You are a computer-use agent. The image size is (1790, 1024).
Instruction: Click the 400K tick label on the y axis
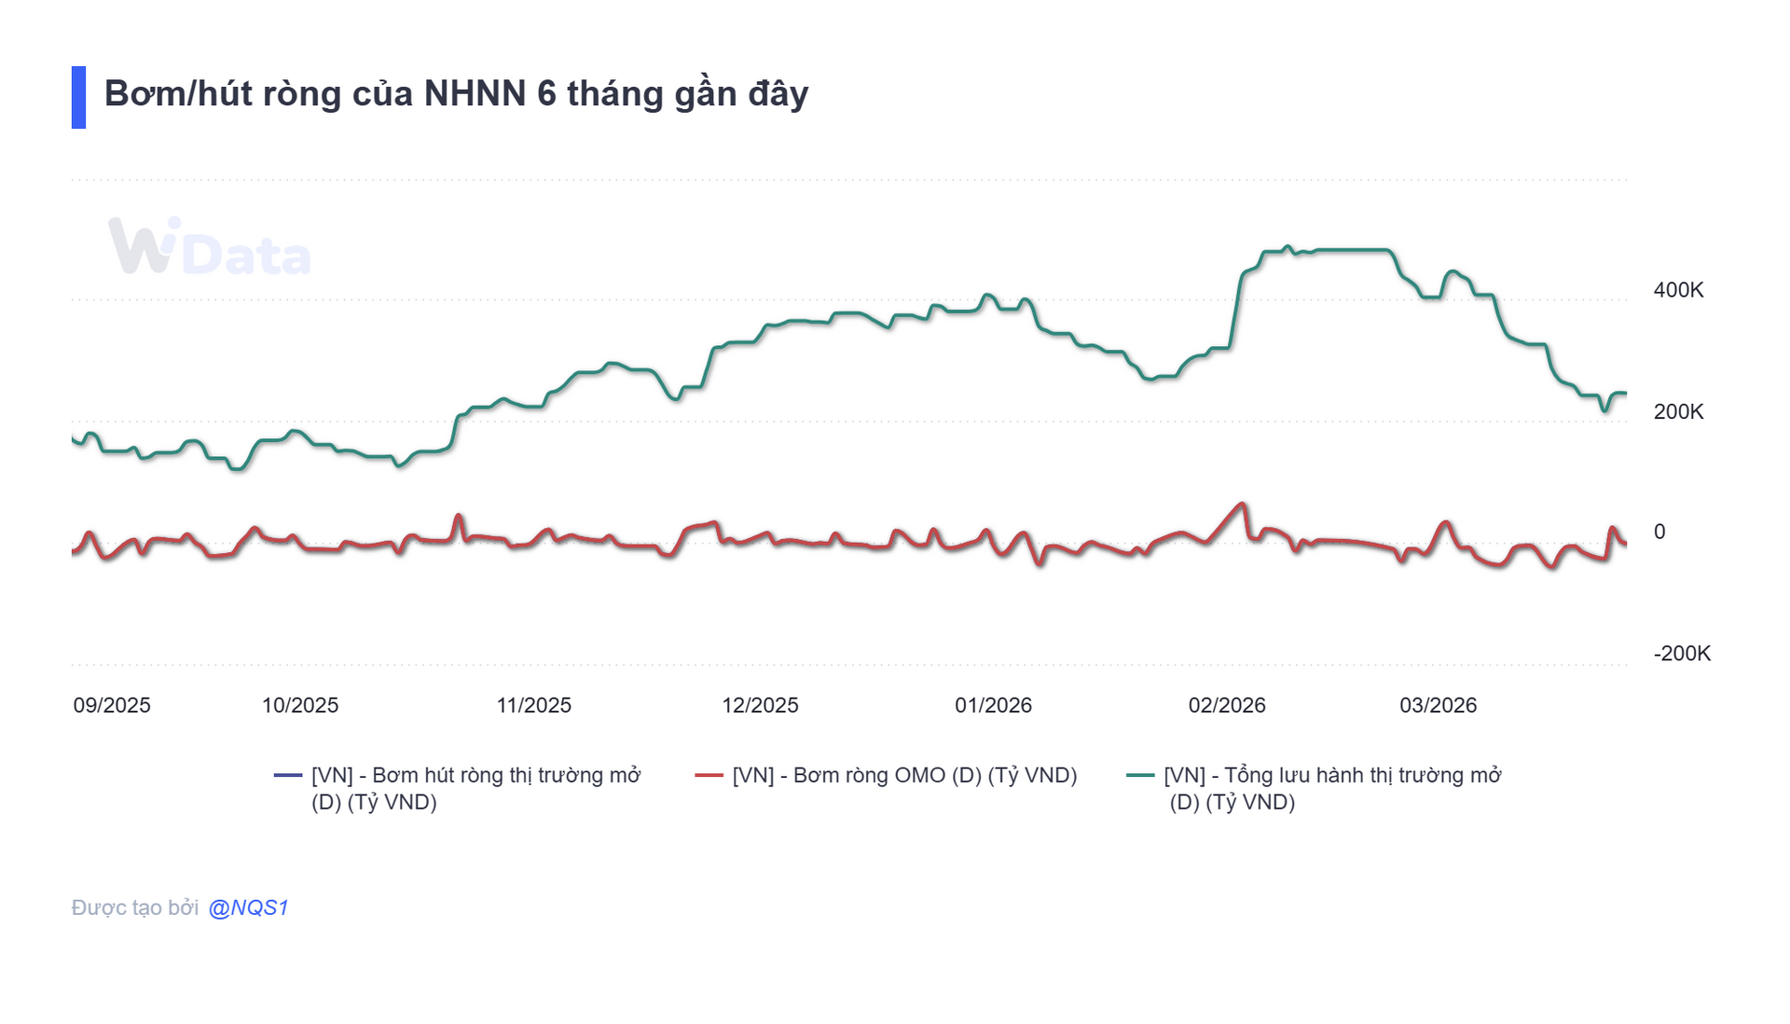[1678, 290]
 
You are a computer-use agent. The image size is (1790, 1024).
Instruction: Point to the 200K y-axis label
[1678, 411]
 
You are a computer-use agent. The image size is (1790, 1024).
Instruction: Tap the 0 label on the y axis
[1659, 532]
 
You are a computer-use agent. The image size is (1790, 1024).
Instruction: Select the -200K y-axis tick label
[1682, 653]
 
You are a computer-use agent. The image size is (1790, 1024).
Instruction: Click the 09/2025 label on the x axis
[112, 705]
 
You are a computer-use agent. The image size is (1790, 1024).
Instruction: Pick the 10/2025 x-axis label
[299, 705]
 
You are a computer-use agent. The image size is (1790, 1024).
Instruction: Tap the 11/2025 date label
[533, 705]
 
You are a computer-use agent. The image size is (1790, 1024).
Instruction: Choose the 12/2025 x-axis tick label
[760, 705]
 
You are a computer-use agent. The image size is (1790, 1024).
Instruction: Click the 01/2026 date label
[993, 705]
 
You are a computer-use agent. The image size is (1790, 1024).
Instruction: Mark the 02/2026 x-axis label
[1226, 705]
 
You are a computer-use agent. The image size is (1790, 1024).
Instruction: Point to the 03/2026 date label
[1438, 705]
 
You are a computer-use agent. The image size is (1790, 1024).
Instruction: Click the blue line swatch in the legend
[288, 775]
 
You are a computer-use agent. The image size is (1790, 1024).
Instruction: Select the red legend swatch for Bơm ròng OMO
[709, 775]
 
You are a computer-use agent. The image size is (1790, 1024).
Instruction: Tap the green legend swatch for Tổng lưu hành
[1140, 775]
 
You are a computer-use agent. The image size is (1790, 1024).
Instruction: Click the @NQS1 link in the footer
[248, 907]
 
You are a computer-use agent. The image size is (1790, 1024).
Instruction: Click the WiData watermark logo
[210, 247]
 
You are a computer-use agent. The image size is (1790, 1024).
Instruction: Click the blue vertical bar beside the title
[78, 97]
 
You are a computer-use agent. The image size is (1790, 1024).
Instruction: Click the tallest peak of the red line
[1242, 505]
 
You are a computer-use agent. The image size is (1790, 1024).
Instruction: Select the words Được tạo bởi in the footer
[135, 907]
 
